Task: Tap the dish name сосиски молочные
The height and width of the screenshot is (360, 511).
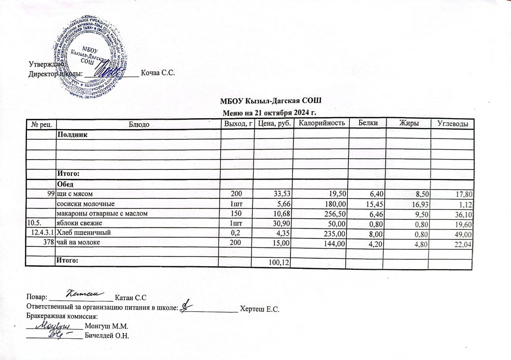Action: coord(86,204)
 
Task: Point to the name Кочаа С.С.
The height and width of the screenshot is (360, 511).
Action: coord(158,73)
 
